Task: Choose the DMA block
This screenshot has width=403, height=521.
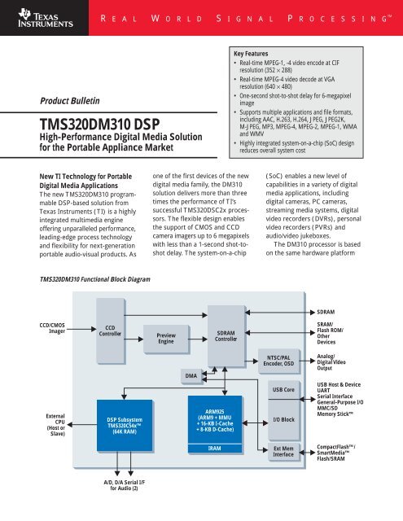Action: (191, 375)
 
